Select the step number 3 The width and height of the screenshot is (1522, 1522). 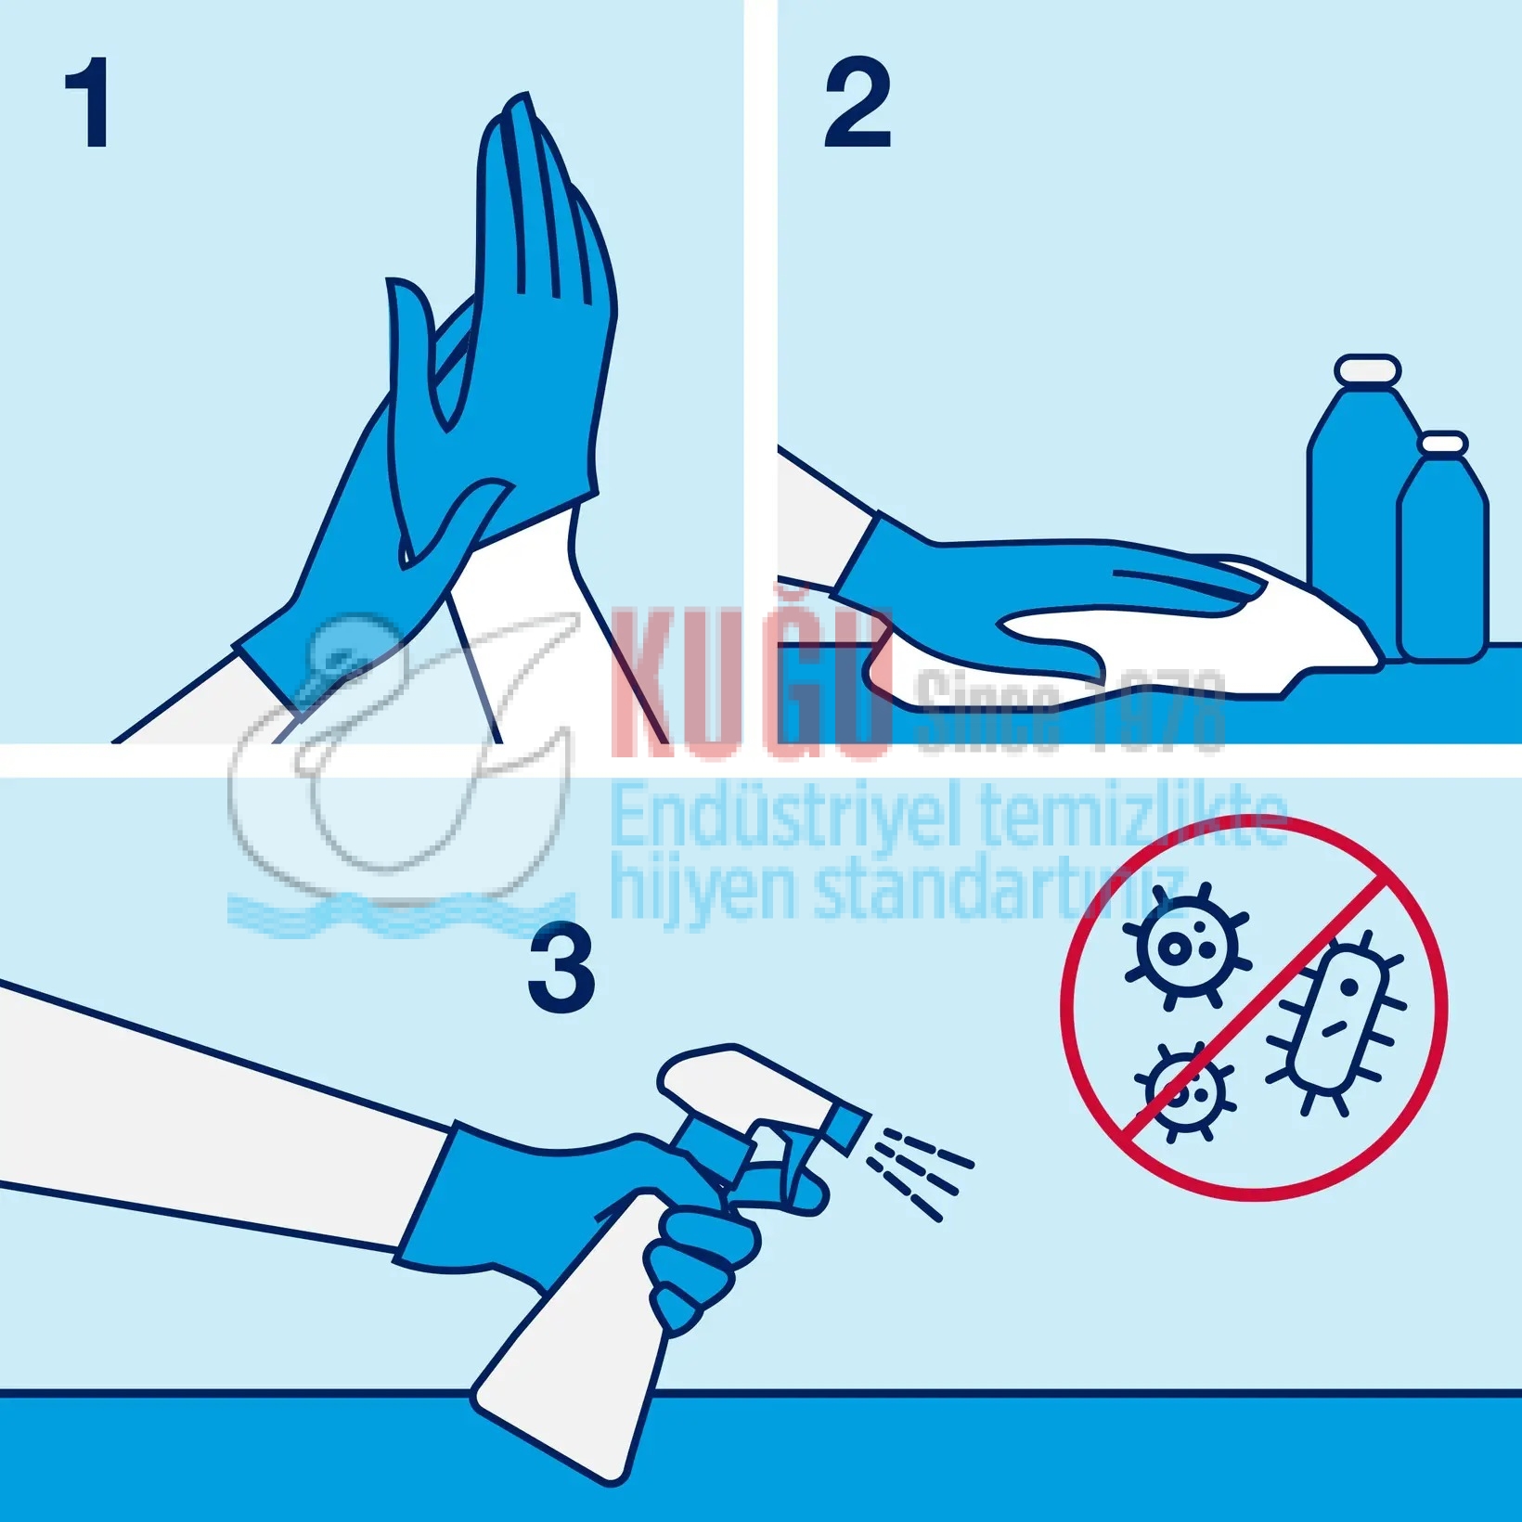(561, 972)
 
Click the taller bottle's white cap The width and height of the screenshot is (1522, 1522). (1367, 368)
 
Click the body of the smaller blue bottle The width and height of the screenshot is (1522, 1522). (1442, 566)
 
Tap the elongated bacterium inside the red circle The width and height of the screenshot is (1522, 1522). (1336, 1021)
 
